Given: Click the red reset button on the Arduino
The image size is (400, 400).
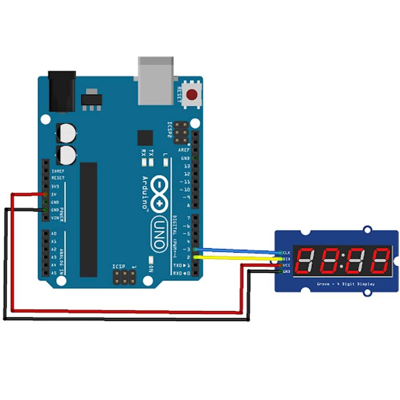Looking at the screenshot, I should (x=192, y=95).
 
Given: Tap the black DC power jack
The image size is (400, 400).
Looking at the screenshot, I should (x=62, y=91).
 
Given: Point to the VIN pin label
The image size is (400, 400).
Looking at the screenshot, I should (x=55, y=218).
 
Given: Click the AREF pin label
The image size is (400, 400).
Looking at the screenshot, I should (x=184, y=150).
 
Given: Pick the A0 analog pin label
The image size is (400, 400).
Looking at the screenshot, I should (x=54, y=233).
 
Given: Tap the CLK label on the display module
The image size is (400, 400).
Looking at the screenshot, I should (x=287, y=252).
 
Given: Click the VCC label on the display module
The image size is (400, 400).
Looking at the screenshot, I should (x=287, y=265).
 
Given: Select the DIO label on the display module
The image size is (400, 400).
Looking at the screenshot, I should (x=287, y=259).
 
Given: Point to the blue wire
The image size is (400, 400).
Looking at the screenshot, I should (x=236, y=251).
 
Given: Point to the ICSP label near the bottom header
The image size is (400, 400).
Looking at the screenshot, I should (x=119, y=266).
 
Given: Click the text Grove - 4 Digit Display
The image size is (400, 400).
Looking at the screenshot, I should (x=345, y=284).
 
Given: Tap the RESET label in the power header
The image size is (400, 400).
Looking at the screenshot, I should (x=58, y=178).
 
